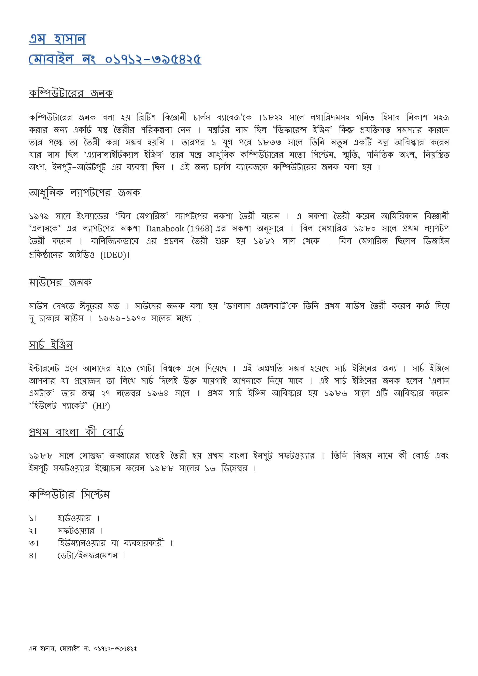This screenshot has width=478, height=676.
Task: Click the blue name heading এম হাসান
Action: tap(57, 39)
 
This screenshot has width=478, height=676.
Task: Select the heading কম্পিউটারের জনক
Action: tap(71, 93)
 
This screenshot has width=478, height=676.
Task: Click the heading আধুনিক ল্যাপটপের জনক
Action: tap(84, 193)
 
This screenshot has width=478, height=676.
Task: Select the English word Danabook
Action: tap(165, 228)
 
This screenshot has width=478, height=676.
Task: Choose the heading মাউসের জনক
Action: tap(60, 282)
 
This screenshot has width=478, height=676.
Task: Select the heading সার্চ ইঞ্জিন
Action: tap(51, 345)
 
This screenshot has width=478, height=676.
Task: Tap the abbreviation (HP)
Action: tap(101, 406)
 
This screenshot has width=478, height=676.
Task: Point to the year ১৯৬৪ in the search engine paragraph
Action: tap(158, 393)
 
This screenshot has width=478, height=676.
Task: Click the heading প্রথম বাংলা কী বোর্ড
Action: tap(76, 432)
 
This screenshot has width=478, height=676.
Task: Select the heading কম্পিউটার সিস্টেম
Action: tap(69, 495)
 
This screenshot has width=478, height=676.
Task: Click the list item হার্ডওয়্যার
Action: tap(74, 518)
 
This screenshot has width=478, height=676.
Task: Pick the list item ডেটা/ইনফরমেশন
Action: tap(88, 556)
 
